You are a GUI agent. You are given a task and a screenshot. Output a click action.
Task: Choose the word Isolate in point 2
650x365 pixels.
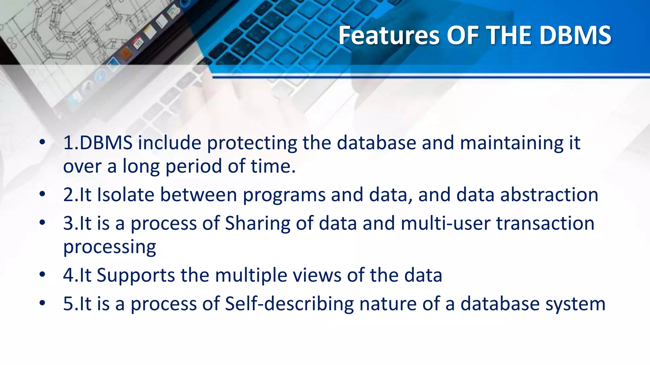point(126,195)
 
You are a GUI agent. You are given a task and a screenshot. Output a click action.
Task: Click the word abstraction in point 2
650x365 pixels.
point(549,195)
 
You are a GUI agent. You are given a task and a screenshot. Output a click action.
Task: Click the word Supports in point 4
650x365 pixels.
point(136,275)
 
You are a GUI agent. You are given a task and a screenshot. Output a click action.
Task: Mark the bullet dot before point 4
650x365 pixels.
point(43,274)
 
